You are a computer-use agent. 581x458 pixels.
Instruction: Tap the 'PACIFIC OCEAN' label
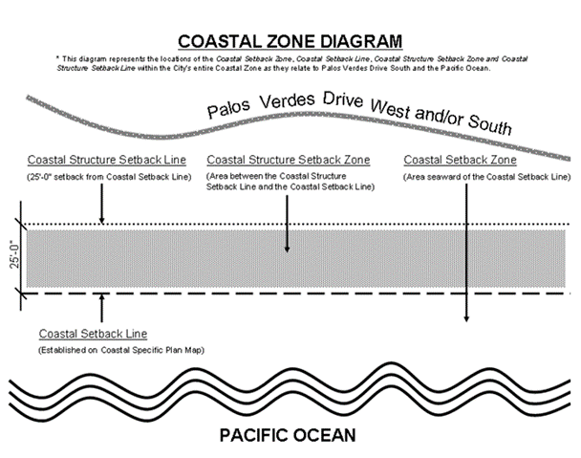[287, 436]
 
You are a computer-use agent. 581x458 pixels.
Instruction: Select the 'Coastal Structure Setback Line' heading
[107, 160]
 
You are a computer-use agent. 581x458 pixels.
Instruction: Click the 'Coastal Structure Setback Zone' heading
[289, 160]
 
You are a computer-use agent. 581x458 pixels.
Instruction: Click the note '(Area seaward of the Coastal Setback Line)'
[486, 177]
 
